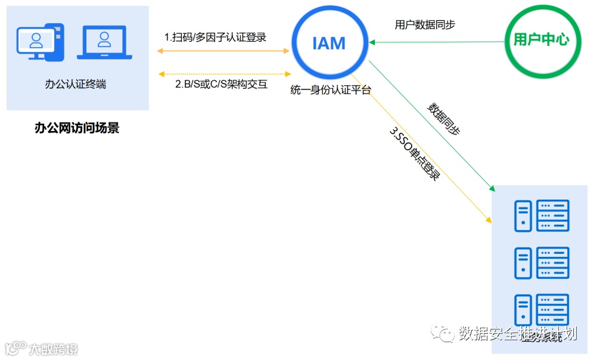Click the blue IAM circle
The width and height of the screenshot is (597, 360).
329,42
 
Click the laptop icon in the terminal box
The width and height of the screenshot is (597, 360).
104,42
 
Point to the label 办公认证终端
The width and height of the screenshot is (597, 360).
76,85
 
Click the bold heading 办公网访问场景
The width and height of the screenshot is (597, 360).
77,128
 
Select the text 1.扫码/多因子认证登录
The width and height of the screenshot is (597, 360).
215,37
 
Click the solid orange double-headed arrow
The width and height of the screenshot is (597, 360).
223,51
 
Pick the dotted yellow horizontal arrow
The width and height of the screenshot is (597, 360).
223,74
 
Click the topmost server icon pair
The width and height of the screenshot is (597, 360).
542,215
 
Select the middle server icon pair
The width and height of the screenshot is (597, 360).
542,262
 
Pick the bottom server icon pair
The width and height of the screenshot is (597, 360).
542,309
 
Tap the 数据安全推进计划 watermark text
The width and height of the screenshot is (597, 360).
517,334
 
